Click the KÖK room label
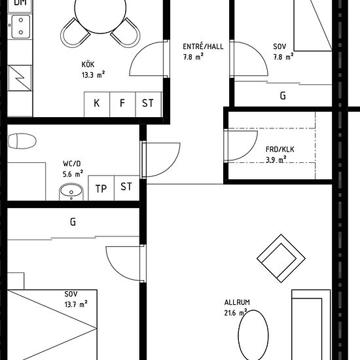(88, 64)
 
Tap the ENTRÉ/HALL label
(203, 46)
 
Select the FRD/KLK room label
(280, 149)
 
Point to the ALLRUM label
(237, 302)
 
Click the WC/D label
(72, 164)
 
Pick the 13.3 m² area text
(93, 75)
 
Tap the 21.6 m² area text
(236, 312)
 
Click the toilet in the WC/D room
(22, 141)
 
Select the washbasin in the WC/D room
(71, 192)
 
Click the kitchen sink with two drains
(21, 26)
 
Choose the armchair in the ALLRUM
(281, 259)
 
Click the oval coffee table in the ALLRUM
(253, 335)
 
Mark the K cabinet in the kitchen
(97, 105)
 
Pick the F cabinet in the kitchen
(122, 105)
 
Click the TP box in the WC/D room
(101, 189)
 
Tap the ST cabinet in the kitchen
(149, 105)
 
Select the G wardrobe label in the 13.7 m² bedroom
(73, 222)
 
